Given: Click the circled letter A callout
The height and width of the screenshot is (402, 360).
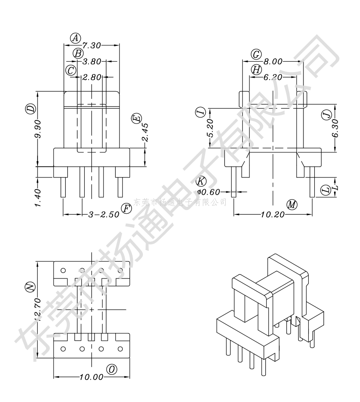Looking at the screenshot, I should (76, 38).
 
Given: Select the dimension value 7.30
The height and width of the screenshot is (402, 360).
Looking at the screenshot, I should (91, 45).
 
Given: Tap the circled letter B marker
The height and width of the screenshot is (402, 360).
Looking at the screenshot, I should (78, 54).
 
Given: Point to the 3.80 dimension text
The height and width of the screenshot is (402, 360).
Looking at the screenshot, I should (92, 62).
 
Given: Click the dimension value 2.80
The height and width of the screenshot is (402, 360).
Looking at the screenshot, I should (92, 77).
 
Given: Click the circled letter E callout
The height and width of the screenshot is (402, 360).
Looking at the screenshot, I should (137, 119).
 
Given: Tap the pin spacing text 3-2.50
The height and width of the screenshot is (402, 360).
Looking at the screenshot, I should (104, 214).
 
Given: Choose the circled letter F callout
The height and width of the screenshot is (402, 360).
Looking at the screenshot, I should (126, 209).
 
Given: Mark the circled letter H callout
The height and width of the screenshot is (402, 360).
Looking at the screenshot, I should (256, 70).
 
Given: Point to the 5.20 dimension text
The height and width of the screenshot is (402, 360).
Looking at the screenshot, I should (211, 128).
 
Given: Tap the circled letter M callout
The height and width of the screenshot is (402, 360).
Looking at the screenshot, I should (292, 205).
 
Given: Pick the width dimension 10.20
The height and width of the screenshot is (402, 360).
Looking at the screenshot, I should (272, 214).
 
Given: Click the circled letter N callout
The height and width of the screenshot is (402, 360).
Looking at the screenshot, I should (29, 287).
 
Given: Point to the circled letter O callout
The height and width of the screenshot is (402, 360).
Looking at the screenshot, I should (112, 369).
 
